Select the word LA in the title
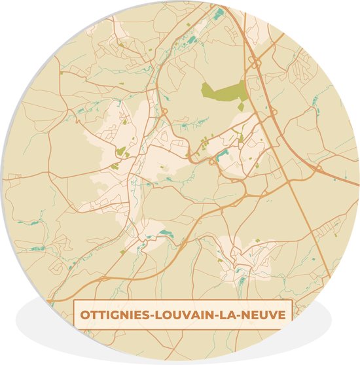click(x=226, y=315)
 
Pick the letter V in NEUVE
click(x=268, y=315)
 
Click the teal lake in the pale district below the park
click(x=221, y=154)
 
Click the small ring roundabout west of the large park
click(x=163, y=112)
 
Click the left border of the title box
click(x=73, y=315)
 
